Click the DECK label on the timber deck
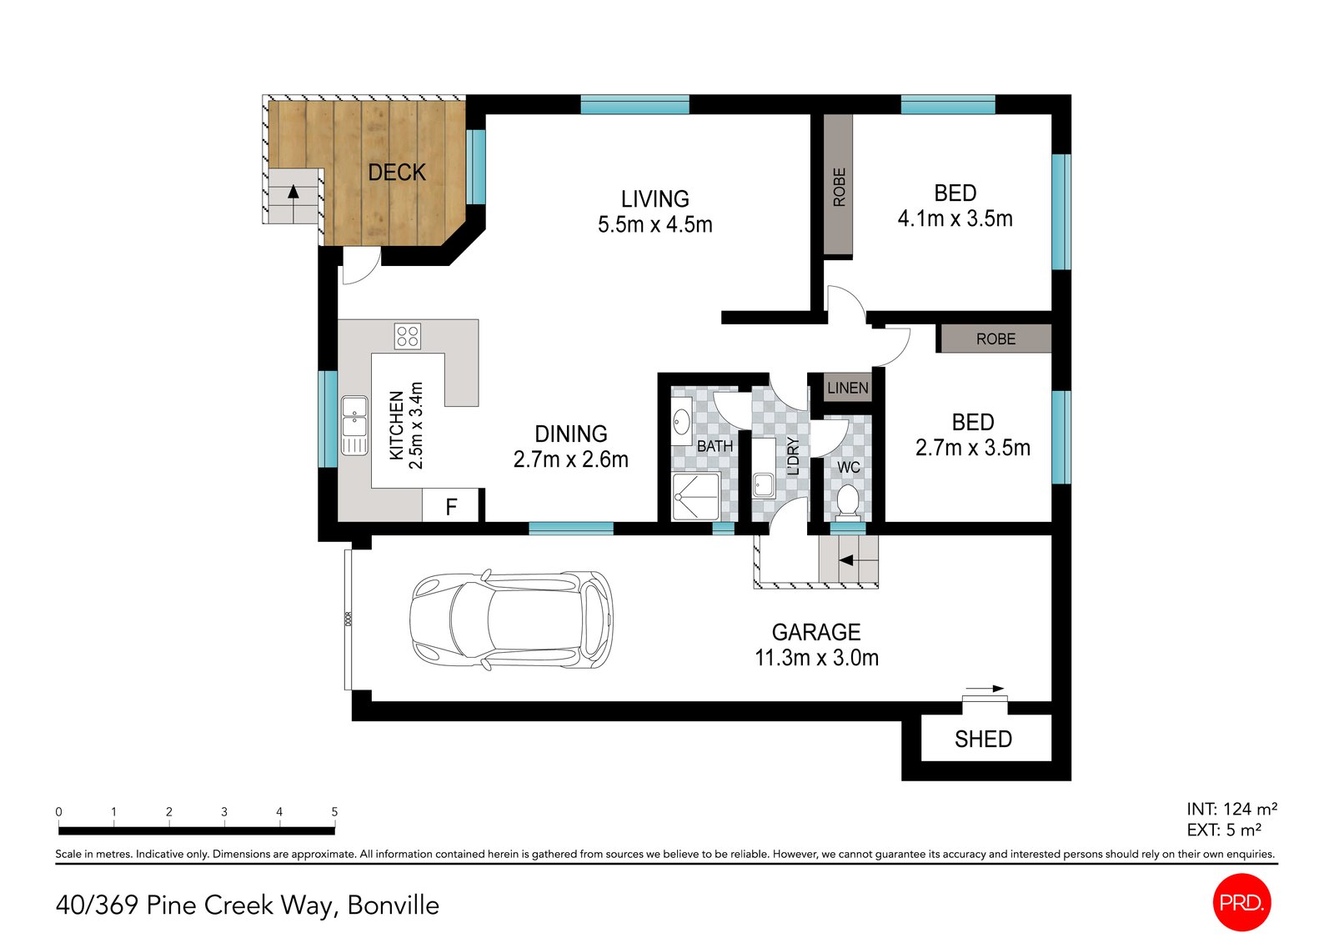(x=397, y=173)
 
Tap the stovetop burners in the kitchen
(x=408, y=336)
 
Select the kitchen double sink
(x=354, y=426)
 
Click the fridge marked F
(x=451, y=506)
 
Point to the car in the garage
(x=511, y=619)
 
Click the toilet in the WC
(x=847, y=500)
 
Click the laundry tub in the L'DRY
(x=764, y=484)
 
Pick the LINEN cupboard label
(x=847, y=388)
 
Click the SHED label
(x=983, y=740)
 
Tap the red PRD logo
(x=1241, y=902)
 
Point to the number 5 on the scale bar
(x=334, y=811)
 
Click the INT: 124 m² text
(x=1231, y=809)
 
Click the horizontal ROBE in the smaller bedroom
(x=995, y=339)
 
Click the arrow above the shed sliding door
(x=985, y=689)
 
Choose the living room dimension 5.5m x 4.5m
(x=655, y=224)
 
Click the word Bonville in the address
(x=393, y=905)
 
